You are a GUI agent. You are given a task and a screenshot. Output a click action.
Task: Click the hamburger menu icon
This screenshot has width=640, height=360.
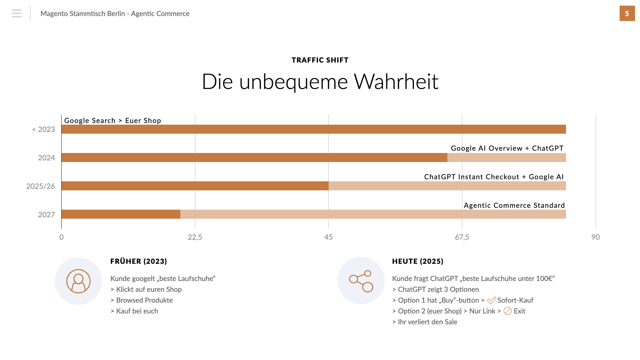click(x=16, y=13)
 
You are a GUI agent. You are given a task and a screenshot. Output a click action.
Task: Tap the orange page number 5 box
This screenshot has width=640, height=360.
click(x=627, y=13)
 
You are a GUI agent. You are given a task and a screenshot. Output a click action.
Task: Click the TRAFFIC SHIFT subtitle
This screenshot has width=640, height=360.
click(x=320, y=60)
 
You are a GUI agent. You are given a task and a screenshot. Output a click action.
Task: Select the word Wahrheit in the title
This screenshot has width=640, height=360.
click(x=396, y=81)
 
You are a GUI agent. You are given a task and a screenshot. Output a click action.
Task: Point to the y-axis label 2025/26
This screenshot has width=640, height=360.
click(x=41, y=186)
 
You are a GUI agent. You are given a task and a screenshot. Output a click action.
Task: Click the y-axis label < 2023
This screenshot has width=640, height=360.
click(x=44, y=129)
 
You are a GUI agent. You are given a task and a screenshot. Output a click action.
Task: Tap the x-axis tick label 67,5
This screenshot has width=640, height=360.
click(x=462, y=237)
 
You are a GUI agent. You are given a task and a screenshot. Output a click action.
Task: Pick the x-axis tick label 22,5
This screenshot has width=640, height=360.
click(x=195, y=237)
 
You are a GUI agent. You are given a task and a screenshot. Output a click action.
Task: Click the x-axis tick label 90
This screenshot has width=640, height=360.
click(x=595, y=237)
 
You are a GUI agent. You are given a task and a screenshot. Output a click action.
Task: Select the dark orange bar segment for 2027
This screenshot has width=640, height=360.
click(x=121, y=214)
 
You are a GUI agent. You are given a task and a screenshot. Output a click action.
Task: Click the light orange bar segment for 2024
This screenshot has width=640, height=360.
click(x=506, y=158)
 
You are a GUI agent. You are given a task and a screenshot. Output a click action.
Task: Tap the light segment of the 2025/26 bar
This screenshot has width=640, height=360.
click(x=447, y=186)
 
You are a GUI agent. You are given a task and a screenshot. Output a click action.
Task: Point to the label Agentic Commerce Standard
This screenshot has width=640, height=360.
click(x=514, y=205)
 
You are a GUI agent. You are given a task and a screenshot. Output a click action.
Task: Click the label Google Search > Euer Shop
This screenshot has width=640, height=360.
click(x=113, y=121)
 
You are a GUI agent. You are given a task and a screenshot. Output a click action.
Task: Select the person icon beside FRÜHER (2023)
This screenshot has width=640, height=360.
click(x=78, y=281)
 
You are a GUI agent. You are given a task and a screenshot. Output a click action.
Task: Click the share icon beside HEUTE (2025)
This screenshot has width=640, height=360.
click(x=361, y=281)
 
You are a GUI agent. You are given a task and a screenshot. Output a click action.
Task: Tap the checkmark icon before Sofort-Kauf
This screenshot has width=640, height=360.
click(x=491, y=300)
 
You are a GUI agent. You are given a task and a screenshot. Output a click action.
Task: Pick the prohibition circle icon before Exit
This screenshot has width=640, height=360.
click(x=507, y=311)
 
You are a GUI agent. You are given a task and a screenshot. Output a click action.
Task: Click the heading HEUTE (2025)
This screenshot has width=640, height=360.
click(x=418, y=261)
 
